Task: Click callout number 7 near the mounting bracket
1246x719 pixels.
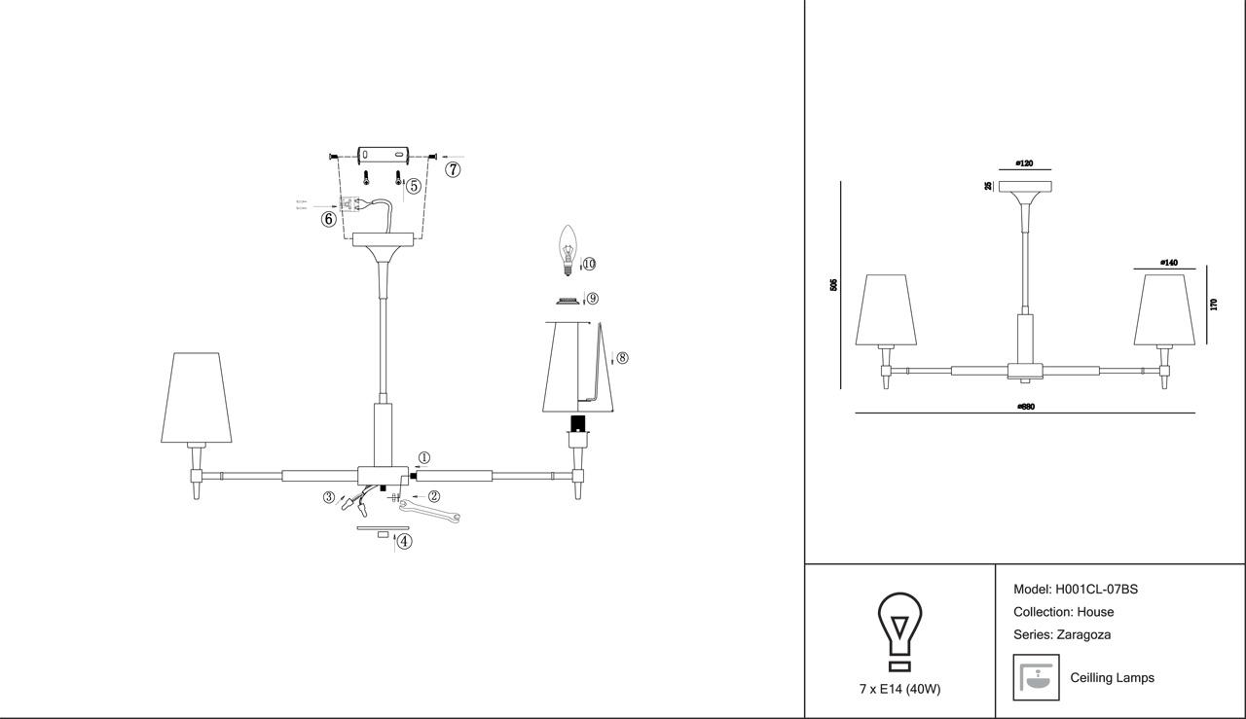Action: [x=453, y=169]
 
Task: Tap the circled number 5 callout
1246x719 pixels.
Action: [x=414, y=186]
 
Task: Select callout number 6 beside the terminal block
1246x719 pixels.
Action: [x=329, y=219]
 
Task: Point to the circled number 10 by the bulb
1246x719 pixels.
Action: [x=589, y=264]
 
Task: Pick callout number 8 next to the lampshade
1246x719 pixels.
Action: [x=622, y=358]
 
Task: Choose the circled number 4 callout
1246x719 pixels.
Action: [x=404, y=542]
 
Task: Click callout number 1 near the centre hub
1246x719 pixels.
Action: [x=423, y=458]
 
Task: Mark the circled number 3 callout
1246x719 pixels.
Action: [x=330, y=497]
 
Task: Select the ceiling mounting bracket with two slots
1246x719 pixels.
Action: [x=383, y=157]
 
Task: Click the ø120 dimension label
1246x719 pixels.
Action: [x=1024, y=163]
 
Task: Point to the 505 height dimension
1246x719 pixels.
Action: [x=833, y=284]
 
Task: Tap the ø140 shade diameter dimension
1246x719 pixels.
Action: [x=1168, y=263]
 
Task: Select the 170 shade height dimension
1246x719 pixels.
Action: [x=1213, y=305]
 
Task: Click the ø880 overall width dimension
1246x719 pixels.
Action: [x=1025, y=407]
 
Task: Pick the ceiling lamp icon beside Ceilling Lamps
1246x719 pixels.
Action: [x=1036, y=677]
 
